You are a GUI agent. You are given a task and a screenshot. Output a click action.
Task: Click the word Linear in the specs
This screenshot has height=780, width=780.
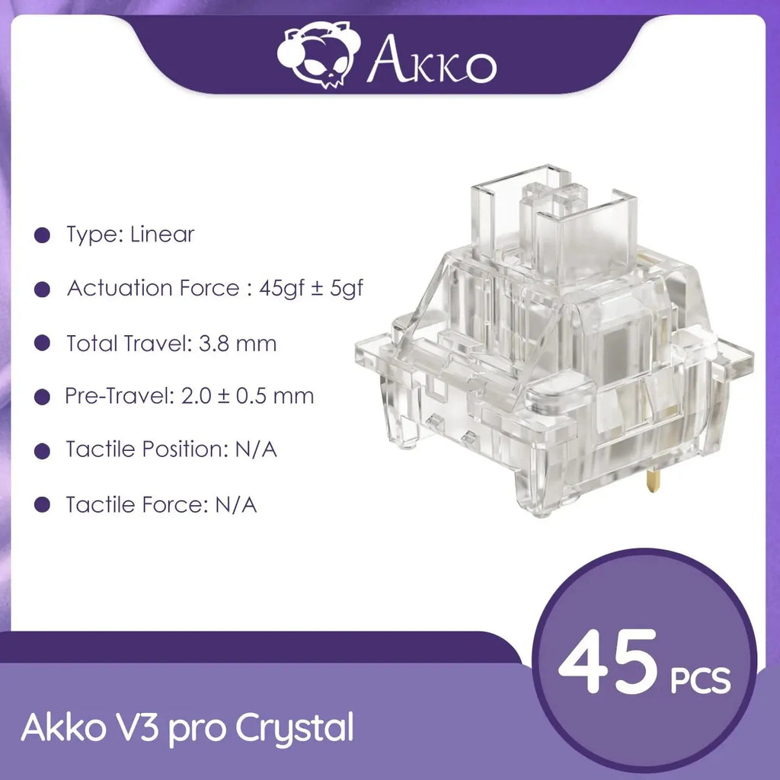point(162,234)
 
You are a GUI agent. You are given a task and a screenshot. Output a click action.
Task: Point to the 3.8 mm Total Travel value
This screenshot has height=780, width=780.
point(234,344)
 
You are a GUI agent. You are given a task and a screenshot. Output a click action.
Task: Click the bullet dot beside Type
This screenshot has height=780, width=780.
point(43,235)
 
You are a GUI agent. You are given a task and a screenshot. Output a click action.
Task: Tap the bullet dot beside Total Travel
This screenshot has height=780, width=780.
point(43,344)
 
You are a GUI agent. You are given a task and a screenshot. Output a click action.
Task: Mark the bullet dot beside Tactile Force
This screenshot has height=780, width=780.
point(43,504)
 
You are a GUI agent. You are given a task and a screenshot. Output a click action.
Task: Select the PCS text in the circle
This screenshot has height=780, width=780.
point(700,679)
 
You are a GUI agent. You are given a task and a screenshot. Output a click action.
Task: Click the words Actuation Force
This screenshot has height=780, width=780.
point(152,289)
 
